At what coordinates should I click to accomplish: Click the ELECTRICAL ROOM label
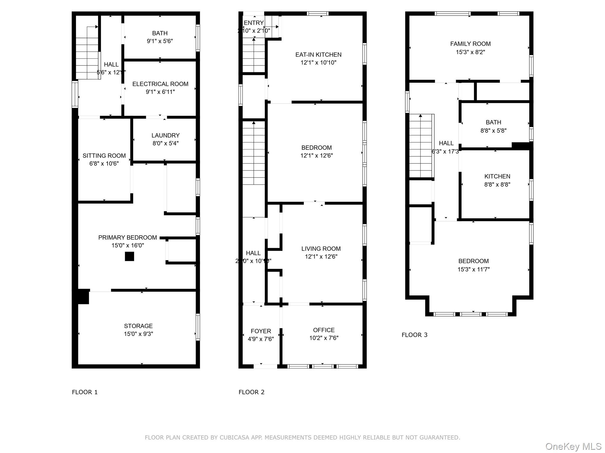(160, 84)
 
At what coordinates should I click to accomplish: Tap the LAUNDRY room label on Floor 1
(165, 135)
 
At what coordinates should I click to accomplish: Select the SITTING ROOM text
(104, 156)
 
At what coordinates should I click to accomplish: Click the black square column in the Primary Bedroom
(129, 256)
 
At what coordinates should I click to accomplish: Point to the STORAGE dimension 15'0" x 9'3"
(138, 334)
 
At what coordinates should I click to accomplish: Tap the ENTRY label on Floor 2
(253, 23)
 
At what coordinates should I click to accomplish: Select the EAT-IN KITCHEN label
(318, 55)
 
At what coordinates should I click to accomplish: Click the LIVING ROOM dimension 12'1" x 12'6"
(321, 257)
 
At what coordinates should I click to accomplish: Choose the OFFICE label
(324, 330)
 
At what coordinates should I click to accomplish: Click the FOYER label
(261, 331)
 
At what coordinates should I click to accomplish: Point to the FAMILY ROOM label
(470, 44)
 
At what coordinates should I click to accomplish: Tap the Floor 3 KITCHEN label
(497, 176)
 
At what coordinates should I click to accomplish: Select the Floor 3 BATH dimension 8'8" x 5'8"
(493, 130)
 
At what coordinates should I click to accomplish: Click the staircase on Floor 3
(421, 146)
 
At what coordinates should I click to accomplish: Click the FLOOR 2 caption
(251, 392)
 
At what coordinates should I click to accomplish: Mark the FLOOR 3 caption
(414, 335)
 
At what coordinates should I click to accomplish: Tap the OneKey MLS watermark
(573, 447)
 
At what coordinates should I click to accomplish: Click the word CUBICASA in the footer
(233, 438)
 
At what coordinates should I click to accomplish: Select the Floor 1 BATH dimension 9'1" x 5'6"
(160, 41)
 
